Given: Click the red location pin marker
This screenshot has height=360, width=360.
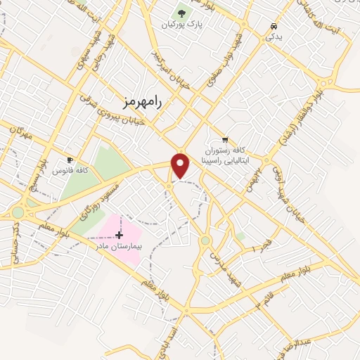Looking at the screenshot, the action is pos(181,165).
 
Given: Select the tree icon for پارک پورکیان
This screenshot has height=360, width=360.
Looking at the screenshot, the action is pos(183,13).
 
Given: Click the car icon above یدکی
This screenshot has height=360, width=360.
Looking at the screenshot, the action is pos(272,26).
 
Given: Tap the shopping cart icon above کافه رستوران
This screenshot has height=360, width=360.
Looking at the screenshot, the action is pos(224,139).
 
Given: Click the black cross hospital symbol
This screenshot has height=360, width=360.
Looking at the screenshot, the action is pos(119,236).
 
